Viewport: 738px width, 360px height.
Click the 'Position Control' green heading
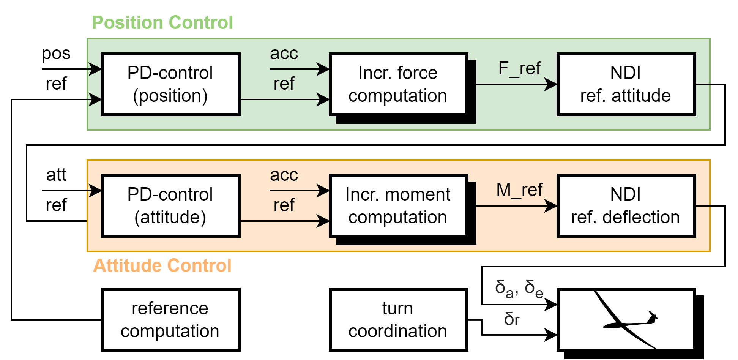coord(162,23)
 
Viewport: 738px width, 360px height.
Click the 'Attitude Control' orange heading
coord(162,265)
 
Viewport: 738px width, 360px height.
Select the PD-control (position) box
coord(170,84)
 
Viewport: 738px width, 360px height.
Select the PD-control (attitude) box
coord(170,206)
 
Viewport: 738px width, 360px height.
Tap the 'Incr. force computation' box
coord(398,84)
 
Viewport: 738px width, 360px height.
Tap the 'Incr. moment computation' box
coord(398,206)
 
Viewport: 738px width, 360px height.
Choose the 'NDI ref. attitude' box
coord(626,84)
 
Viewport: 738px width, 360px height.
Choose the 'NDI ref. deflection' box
coord(626,206)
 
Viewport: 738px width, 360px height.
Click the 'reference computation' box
coord(170,319)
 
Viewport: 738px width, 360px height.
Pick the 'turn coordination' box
coord(398,319)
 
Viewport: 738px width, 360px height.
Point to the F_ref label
coord(519,69)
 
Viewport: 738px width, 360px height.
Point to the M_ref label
coord(519,190)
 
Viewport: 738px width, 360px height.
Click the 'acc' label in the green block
coord(284,54)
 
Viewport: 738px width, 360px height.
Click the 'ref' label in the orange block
coord(284,205)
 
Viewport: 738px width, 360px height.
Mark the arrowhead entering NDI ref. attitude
coord(551,84)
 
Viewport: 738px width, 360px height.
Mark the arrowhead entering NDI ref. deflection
coord(551,206)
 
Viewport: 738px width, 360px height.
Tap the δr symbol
coord(512,319)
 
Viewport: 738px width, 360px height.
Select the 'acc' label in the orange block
coord(284,175)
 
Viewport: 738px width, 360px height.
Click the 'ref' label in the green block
coord(284,84)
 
